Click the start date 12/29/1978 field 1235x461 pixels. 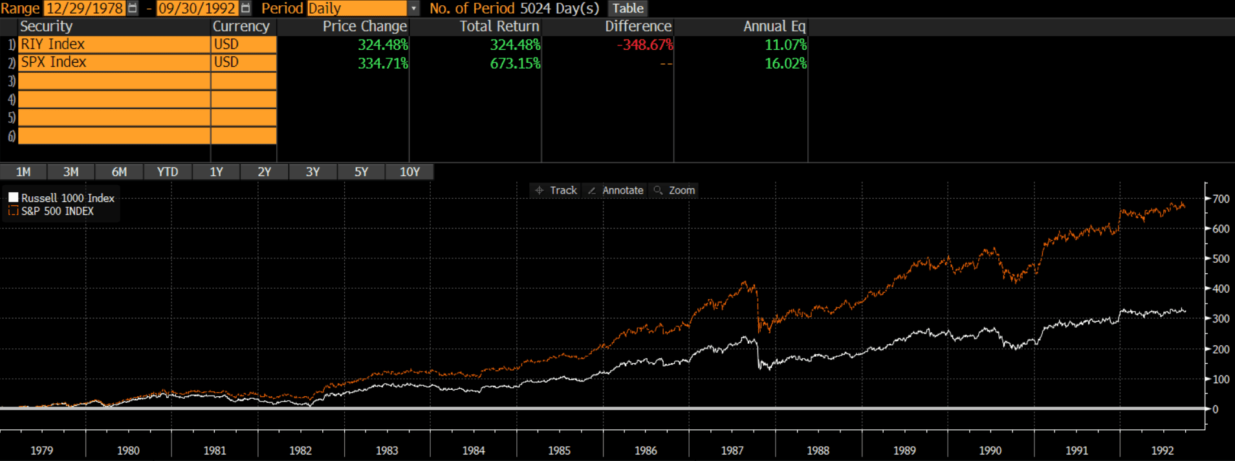pyautogui.click(x=84, y=8)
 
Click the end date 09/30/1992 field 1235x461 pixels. pyautogui.click(x=197, y=8)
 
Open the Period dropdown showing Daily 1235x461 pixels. pyautogui.click(x=413, y=8)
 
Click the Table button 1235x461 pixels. pyautogui.click(x=628, y=8)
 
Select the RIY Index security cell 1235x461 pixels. pyautogui.click(x=113, y=44)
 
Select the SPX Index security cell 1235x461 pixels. pyautogui.click(x=113, y=62)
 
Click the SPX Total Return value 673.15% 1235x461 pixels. pyautogui.click(x=514, y=63)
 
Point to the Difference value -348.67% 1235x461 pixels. pyautogui.click(x=644, y=45)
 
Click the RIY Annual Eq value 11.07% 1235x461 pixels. pyautogui.click(x=785, y=45)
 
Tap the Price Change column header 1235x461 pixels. pyautogui.click(x=364, y=27)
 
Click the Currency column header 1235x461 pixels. pyautogui.click(x=241, y=27)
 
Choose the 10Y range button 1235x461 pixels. pyautogui.click(x=410, y=172)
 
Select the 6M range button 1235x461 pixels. pyautogui.click(x=119, y=172)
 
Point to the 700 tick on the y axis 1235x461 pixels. pyautogui.click(x=1221, y=199)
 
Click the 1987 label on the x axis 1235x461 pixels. pyautogui.click(x=732, y=451)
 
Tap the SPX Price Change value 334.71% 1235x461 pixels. pyautogui.click(x=382, y=63)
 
